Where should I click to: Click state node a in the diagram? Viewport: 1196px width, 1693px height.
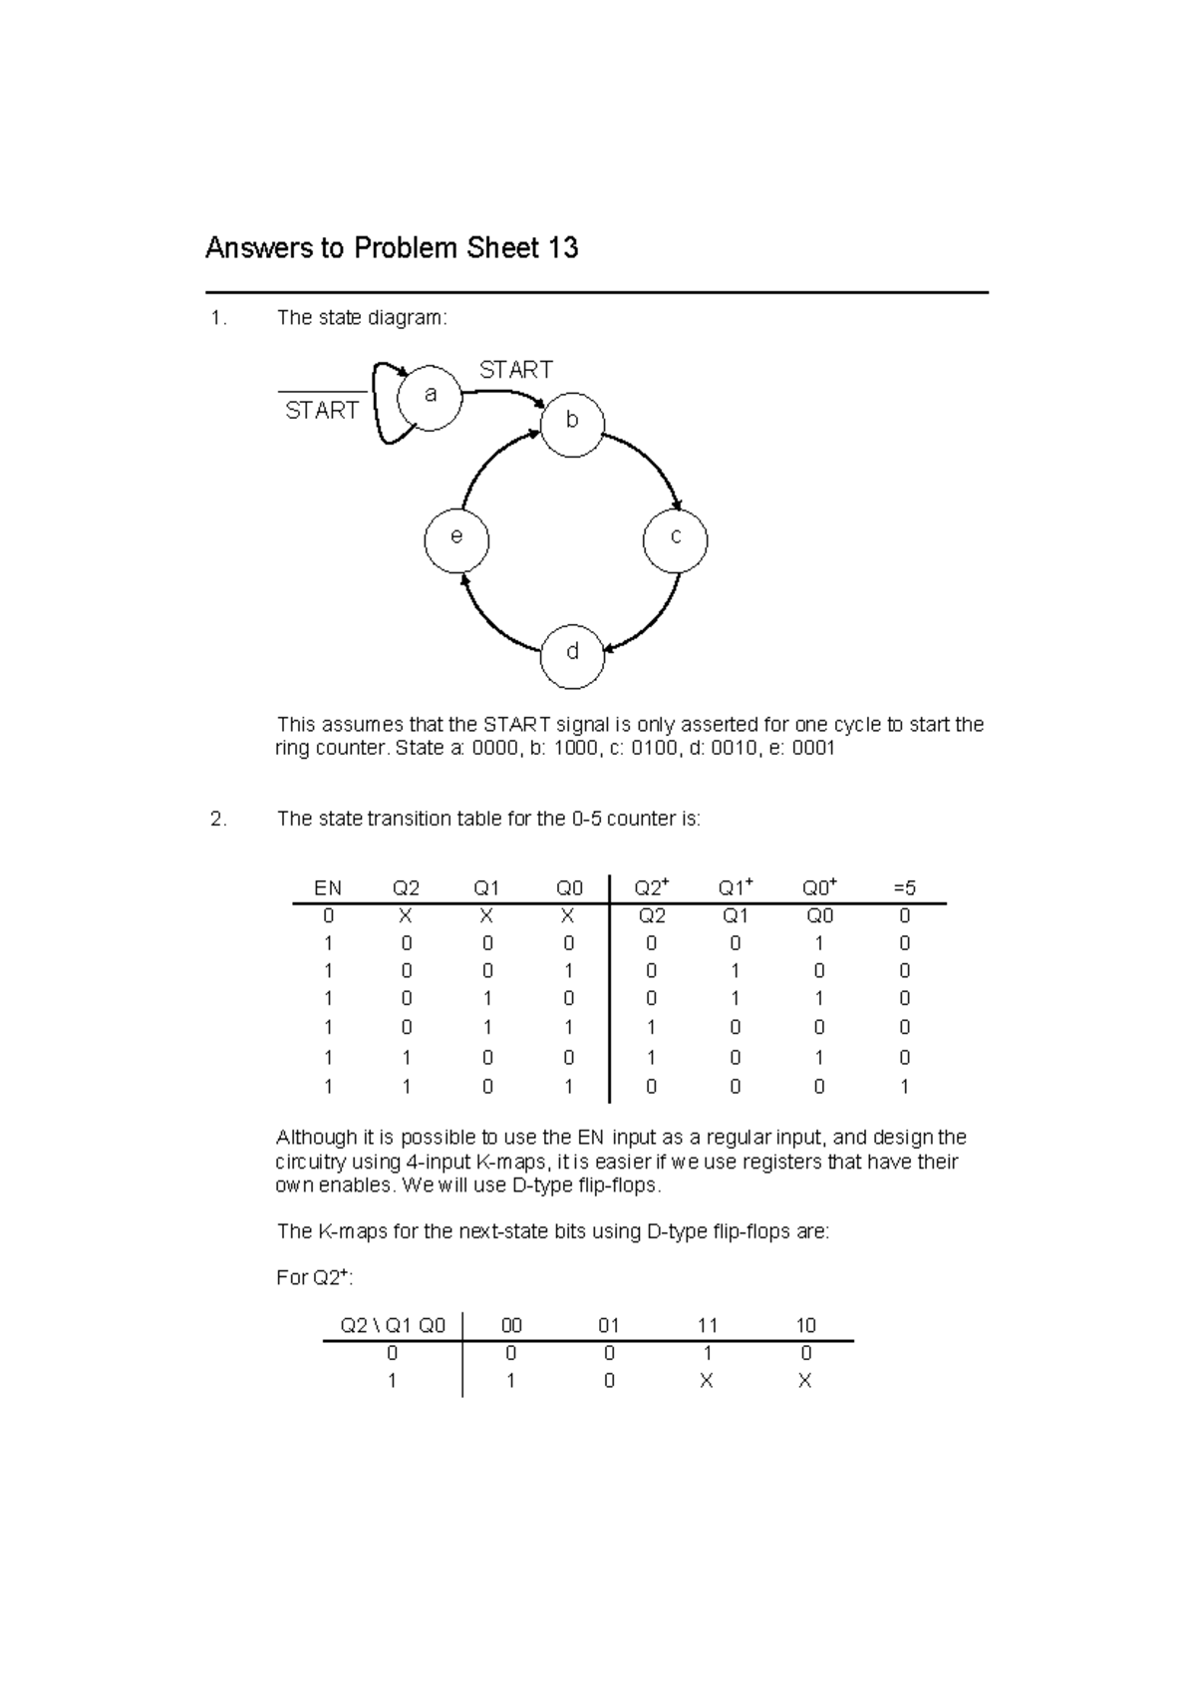point(431,397)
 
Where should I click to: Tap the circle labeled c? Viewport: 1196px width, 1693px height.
point(676,539)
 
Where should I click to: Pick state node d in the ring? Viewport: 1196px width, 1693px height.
point(572,654)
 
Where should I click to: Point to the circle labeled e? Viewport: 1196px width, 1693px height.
point(456,538)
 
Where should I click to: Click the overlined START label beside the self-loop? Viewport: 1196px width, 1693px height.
point(321,411)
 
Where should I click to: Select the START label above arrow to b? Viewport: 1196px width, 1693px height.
point(515,370)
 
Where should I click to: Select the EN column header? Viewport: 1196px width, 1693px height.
point(328,887)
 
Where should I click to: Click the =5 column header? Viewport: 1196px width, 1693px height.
point(904,887)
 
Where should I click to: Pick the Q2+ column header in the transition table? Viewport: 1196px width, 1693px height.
point(652,887)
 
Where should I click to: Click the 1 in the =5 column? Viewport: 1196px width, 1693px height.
point(904,1087)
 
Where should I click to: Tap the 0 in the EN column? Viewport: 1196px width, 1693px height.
point(328,915)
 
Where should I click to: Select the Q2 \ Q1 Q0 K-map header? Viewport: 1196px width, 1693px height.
point(393,1325)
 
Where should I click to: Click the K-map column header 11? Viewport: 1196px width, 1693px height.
point(708,1325)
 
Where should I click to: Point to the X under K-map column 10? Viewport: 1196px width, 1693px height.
point(805,1381)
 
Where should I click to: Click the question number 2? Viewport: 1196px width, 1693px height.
point(217,820)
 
